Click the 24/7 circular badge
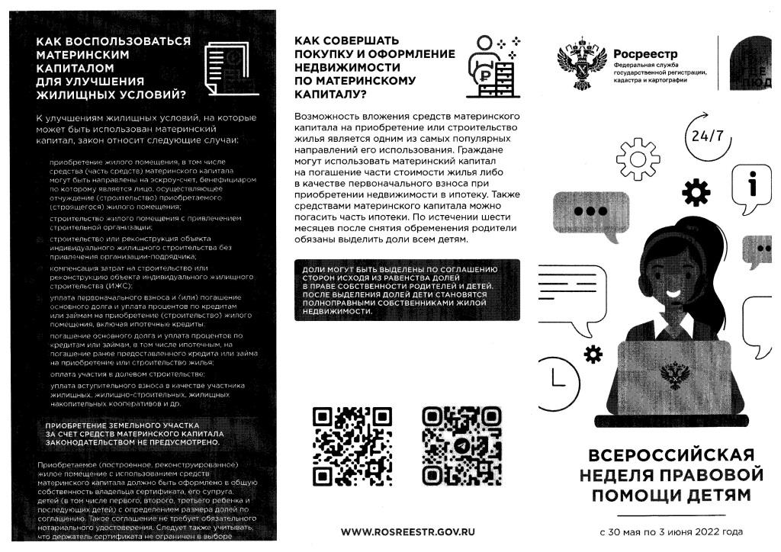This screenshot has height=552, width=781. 707,136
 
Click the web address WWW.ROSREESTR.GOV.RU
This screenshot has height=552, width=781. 407,531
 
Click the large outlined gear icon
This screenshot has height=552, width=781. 638,158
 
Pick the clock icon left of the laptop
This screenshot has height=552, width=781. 555,377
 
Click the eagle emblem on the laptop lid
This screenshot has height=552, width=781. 674,376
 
